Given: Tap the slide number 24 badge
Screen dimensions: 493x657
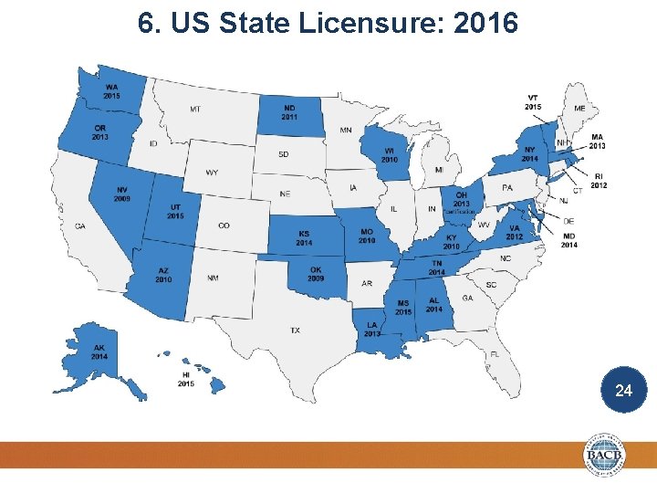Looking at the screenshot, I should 624,391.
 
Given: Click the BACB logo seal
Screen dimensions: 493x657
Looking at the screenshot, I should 607,455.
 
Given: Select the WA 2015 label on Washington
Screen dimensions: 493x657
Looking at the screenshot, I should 111,90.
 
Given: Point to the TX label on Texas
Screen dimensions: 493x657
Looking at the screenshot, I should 296,330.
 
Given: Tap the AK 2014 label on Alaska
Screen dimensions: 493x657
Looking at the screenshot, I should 99,351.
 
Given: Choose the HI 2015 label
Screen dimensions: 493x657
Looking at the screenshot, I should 186,379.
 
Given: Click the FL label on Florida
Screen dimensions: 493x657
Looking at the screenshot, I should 494,354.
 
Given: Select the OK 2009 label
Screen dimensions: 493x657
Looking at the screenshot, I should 316,274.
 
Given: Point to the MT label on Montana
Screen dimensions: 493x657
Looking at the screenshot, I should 195,110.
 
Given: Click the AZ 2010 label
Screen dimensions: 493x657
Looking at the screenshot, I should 163,275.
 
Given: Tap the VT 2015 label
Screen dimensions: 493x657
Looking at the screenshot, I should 533,102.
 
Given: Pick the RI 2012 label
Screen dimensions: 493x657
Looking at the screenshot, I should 599,181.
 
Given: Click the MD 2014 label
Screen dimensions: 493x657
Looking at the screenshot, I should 568,240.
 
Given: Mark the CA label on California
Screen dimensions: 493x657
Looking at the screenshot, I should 80,226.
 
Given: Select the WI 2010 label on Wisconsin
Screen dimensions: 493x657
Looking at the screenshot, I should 390,155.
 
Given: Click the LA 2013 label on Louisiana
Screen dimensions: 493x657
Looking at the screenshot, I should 372,329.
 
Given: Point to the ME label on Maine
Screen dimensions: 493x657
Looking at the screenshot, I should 580,108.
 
